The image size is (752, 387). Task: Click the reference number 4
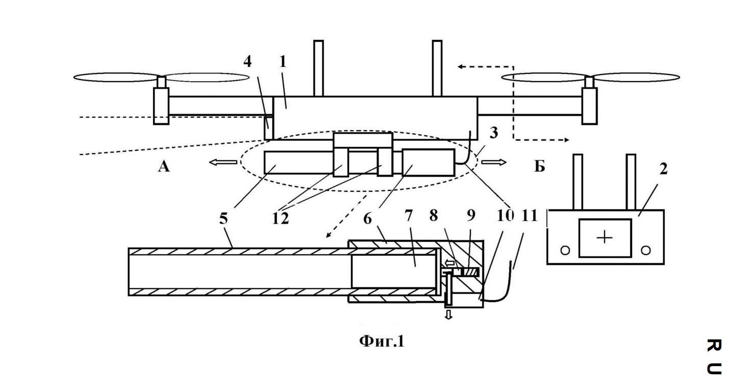[248, 61]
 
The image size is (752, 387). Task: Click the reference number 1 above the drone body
[283, 61]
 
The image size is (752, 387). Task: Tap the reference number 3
[493, 133]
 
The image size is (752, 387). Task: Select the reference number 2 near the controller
[663, 168]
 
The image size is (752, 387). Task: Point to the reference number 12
[280, 219]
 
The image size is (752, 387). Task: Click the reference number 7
[408, 215]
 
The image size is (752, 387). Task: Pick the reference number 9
[471, 215]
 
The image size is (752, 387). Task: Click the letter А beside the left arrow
[164, 166]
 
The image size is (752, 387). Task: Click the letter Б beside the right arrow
[539, 166]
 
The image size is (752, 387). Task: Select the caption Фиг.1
[382, 342]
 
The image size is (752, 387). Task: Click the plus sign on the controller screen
[605, 238]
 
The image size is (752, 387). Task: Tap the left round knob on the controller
[565, 250]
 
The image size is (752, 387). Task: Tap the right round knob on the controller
[645, 250]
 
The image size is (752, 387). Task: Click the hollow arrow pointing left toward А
[223, 162]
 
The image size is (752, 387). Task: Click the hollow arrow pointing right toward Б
[494, 162]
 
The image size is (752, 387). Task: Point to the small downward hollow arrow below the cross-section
[448, 315]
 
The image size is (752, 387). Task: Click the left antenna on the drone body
[318, 68]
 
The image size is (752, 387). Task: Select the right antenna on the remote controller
[631, 182]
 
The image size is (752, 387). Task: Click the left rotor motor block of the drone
[161, 106]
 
